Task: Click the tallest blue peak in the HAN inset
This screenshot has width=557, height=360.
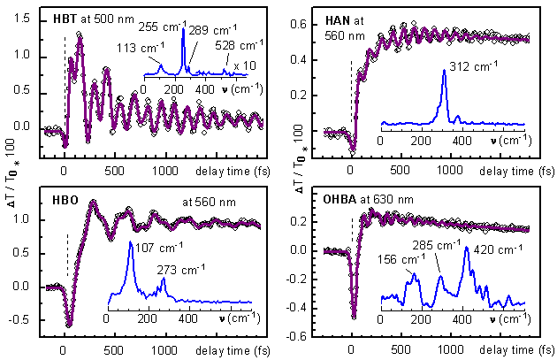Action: point(444,72)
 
